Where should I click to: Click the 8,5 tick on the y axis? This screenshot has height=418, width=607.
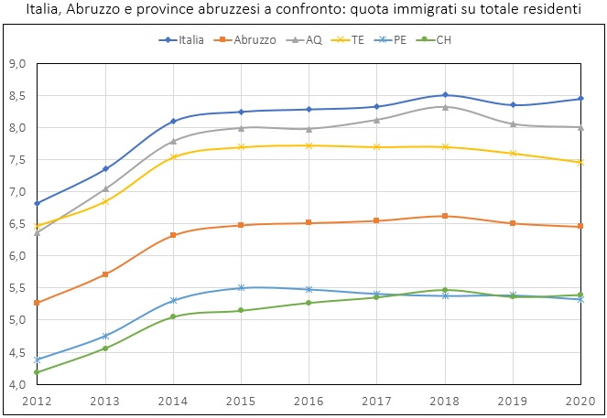click(16, 96)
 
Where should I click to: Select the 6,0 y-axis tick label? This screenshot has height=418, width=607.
click(16, 256)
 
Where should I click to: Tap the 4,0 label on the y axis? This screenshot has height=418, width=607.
click(16, 384)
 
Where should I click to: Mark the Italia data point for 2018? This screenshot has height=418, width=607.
click(445, 95)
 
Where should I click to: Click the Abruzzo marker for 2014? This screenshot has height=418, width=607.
click(173, 235)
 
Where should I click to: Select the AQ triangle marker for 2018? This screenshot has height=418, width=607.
click(445, 107)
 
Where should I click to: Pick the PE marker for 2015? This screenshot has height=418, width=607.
click(241, 288)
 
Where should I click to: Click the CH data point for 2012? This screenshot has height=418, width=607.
click(38, 371)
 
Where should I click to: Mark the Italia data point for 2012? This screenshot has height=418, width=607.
click(38, 203)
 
